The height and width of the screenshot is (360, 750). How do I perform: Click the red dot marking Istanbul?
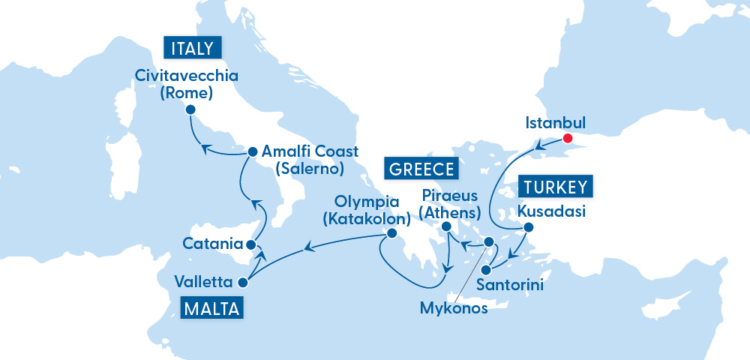567,138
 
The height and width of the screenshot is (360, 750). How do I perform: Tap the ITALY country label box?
192,49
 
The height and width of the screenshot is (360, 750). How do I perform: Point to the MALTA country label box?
211,307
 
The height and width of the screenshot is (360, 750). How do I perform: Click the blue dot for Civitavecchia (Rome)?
190,109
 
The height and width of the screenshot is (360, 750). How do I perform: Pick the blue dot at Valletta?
242,283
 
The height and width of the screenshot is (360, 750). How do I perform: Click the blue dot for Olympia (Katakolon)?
390,234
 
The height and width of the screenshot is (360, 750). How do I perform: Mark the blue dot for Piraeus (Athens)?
445,226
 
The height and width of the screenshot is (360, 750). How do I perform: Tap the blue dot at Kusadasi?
528,226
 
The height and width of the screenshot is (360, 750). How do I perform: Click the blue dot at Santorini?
486,269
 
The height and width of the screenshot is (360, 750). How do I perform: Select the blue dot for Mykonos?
488,242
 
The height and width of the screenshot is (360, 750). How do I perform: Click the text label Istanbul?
555,122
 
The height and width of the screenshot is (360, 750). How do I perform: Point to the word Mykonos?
454,307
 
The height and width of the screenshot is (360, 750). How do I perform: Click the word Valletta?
202,283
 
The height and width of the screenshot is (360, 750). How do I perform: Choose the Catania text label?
212,244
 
